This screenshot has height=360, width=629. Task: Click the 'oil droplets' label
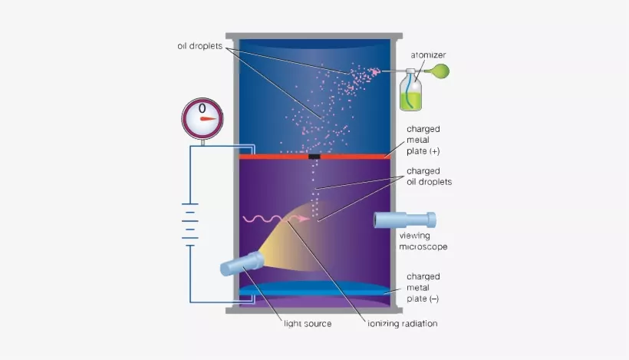pos(199,46)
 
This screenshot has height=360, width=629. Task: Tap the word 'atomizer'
pos(428,55)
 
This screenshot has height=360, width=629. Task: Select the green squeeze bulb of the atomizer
pos(441,71)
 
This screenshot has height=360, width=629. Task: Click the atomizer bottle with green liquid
pos(411,91)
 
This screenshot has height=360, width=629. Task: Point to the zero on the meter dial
pos(203,108)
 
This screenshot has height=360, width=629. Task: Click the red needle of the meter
pos(209,119)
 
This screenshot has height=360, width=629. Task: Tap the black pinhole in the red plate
pos(314,157)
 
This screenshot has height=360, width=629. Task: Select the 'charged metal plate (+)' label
pos(423,140)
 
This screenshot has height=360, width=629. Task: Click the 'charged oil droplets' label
pos(429,177)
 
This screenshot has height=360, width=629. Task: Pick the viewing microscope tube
pos(405,220)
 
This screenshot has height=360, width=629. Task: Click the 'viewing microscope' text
pos(423,241)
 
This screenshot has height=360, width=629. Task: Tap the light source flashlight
pos(242,263)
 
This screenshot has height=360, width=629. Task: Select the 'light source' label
pos(308,324)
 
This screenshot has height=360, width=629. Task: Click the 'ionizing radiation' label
pos(403,323)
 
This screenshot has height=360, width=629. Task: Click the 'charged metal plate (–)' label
pos(423,288)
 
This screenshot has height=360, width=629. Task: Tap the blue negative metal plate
pos(314,289)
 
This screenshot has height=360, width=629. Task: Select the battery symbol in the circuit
pos(190,225)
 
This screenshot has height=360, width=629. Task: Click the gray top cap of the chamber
pos(314,36)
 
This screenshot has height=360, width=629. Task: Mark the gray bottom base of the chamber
pos(314,311)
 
